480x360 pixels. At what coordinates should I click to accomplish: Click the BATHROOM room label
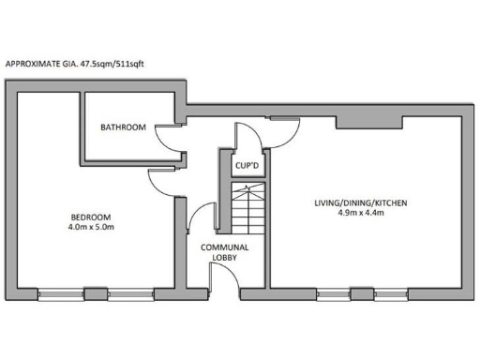tap(124, 127)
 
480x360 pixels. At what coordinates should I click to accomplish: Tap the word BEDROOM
tap(90, 215)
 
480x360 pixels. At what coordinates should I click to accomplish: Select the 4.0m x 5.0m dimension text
tap(90, 226)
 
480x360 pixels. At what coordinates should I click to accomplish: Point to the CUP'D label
tap(247, 167)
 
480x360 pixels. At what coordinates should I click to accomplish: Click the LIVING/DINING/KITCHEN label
tap(360, 202)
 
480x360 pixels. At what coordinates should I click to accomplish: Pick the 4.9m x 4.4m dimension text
tap(360, 214)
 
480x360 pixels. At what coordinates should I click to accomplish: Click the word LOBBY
tap(223, 258)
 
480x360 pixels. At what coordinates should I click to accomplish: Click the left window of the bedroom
tap(60, 291)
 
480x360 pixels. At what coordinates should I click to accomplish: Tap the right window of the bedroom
tap(131, 291)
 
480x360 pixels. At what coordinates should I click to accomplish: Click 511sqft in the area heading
tap(129, 64)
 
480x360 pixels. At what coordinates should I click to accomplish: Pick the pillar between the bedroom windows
tap(96, 291)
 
